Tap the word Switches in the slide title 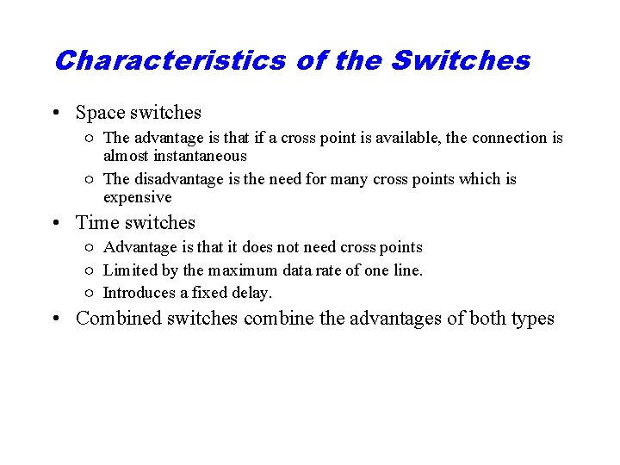pyautogui.click(x=460, y=61)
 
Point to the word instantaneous pyautogui.click(x=175, y=156)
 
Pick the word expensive pyautogui.click(x=138, y=197)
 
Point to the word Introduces pyautogui.click(x=139, y=293)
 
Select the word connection pyautogui.click(x=512, y=138)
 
